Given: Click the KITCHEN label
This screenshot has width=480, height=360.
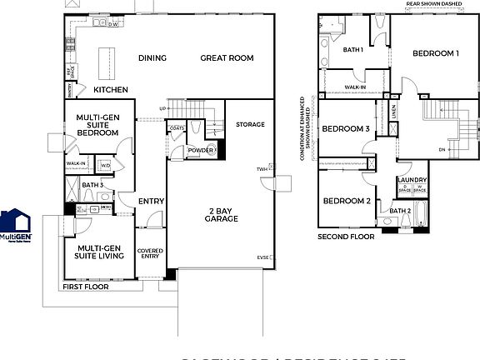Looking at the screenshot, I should (x=110, y=89).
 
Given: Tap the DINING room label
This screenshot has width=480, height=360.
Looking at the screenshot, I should (x=152, y=57).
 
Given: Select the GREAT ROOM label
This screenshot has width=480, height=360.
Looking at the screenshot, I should (x=227, y=57).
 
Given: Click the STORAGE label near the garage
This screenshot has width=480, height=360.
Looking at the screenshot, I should (x=250, y=124).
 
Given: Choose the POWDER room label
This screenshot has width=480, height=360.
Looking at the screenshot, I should (x=200, y=151).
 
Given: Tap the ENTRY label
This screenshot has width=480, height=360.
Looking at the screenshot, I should (x=152, y=201).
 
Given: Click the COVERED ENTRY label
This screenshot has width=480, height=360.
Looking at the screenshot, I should (x=150, y=253).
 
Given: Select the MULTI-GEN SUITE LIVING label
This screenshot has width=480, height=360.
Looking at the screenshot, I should (x=99, y=252).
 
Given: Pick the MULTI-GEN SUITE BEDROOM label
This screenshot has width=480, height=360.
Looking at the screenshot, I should (x=97, y=125).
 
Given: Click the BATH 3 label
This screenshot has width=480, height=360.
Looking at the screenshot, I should (x=92, y=184).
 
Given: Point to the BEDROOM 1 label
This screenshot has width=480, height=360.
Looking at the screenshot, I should (x=435, y=53).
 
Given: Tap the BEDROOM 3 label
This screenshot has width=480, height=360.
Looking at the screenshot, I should (x=346, y=129).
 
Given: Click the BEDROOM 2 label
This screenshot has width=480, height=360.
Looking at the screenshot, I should (x=346, y=201).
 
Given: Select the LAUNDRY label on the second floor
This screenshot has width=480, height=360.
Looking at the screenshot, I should (x=412, y=180).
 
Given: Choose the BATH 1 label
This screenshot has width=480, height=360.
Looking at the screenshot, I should (x=353, y=50).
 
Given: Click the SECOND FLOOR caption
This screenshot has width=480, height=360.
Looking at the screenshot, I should (x=346, y=237).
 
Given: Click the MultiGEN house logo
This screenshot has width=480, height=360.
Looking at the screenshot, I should (x=16, y=222).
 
